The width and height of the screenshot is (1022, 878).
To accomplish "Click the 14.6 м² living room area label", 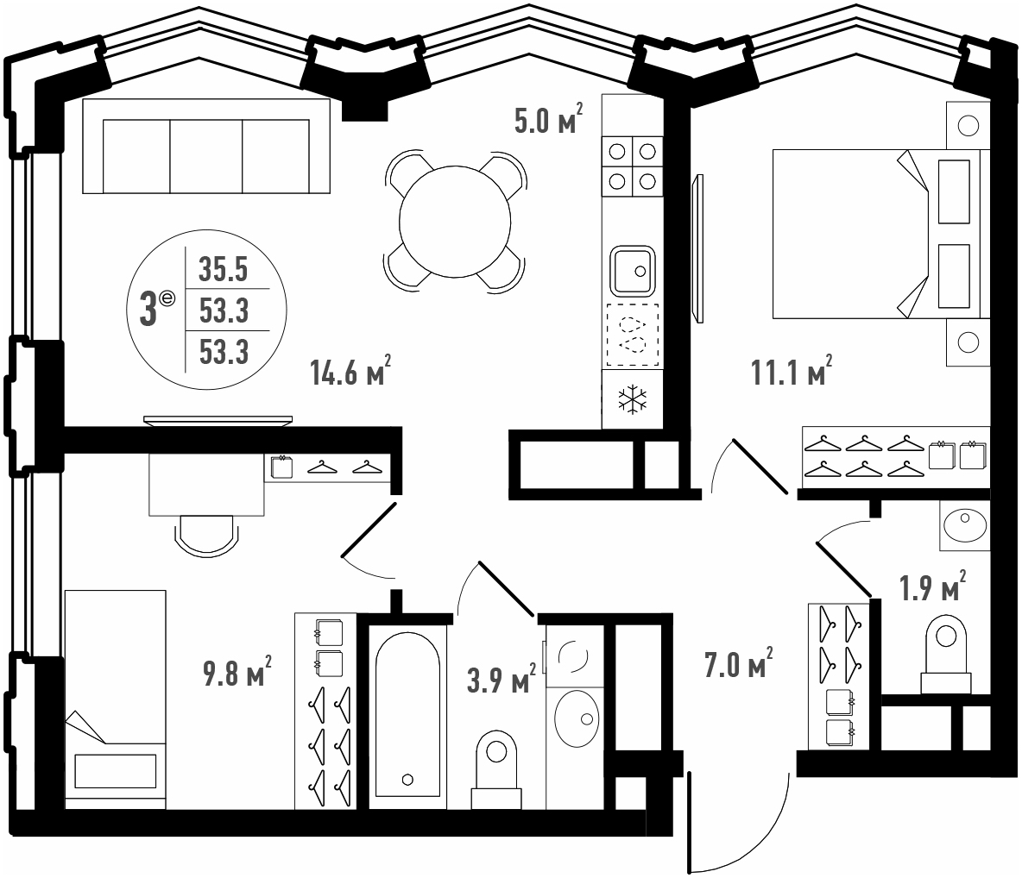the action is (x=350, y=371).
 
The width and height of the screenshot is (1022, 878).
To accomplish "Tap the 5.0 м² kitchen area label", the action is (x=548, y=118).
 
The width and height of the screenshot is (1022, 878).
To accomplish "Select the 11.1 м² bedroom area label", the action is (x=792, y=371).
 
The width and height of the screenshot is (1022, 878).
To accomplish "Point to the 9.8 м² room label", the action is (x=237, y=672).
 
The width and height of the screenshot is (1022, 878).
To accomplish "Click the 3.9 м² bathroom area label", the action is (x=502, y=680).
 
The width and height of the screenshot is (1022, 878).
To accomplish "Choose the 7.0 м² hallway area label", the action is (x=739, y=664).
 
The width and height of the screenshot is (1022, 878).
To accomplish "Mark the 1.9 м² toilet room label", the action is (x=933, y=586).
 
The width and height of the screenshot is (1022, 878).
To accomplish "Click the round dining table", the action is (x=455, y=222).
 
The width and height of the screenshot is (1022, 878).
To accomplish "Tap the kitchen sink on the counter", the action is (x=632, y=270).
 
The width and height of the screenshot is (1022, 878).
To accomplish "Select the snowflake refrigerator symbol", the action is (x=632, y=399).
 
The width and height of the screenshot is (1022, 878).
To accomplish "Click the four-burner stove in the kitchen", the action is (x=632, y=166).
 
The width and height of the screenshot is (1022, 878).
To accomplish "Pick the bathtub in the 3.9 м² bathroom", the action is (x=408, y=714).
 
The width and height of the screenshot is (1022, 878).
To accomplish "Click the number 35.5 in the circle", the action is (x=224, y=269).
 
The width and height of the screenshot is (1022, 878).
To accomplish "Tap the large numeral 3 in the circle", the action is (x=148, y=310).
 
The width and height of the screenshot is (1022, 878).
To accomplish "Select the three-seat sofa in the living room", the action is (x=206, y=146).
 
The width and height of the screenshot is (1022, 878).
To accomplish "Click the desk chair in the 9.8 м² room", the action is (x=205, y=536).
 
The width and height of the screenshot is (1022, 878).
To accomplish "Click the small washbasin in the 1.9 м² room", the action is (x=965, y=525).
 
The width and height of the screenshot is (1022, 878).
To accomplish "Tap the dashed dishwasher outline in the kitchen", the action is (x=632, y=335).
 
